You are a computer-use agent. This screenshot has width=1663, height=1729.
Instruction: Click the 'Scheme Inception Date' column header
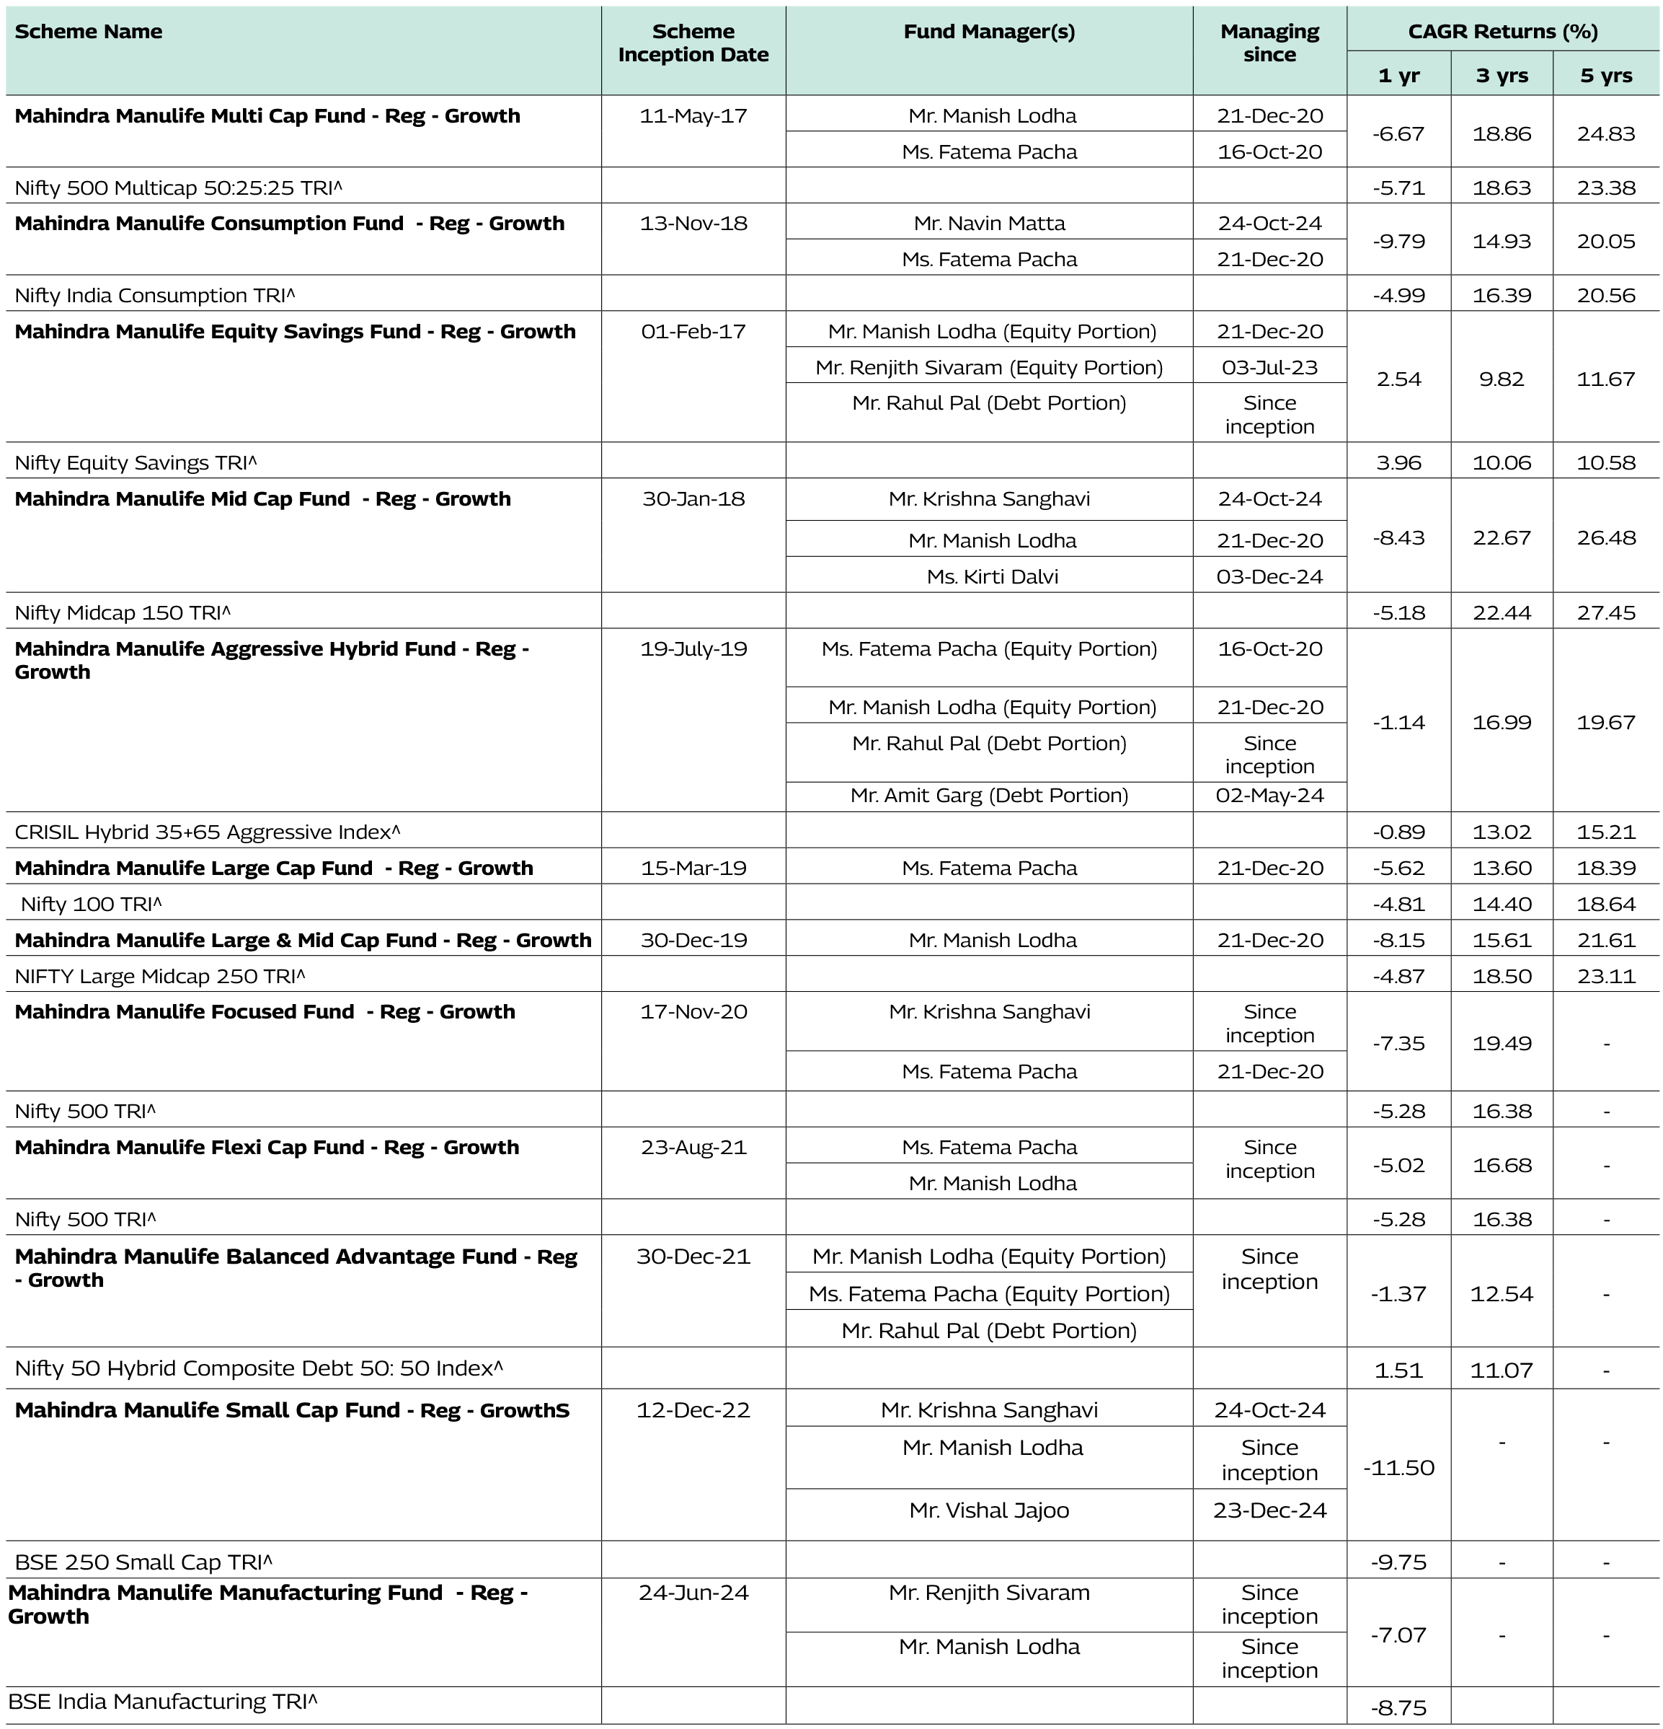[693, 43]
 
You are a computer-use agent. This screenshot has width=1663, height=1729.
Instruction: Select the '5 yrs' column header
[1605, 76]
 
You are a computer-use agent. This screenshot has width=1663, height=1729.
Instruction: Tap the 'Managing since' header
[1269, 43]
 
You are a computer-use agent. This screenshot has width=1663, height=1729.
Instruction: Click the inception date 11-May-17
[693, 115]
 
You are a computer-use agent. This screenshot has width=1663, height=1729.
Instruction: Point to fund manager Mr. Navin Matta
[989, 223]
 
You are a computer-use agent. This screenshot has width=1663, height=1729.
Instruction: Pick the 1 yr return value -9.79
[1398, 241]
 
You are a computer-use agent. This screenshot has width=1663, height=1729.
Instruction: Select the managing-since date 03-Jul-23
[1269, 367]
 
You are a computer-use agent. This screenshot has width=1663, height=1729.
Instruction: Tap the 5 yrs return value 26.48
[1605, 537]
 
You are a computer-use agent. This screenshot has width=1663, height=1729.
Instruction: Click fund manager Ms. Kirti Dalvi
[992, 576]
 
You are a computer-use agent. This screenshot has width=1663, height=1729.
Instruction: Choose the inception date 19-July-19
[693, 648]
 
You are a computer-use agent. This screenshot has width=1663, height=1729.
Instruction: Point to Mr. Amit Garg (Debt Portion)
[989, 795]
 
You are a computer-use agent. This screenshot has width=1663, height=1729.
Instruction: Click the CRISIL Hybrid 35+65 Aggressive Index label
[207, 832]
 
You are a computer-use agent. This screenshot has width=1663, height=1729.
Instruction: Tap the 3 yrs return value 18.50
[1502, 976]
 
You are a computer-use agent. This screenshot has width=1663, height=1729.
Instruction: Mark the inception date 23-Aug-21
[693, 1147]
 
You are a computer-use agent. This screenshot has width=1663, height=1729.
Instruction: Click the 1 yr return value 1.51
[1398, 1370]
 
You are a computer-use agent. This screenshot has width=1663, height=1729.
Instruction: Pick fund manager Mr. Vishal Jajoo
[989, 1510]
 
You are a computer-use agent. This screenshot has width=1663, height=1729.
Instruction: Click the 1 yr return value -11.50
[1398, 1468]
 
